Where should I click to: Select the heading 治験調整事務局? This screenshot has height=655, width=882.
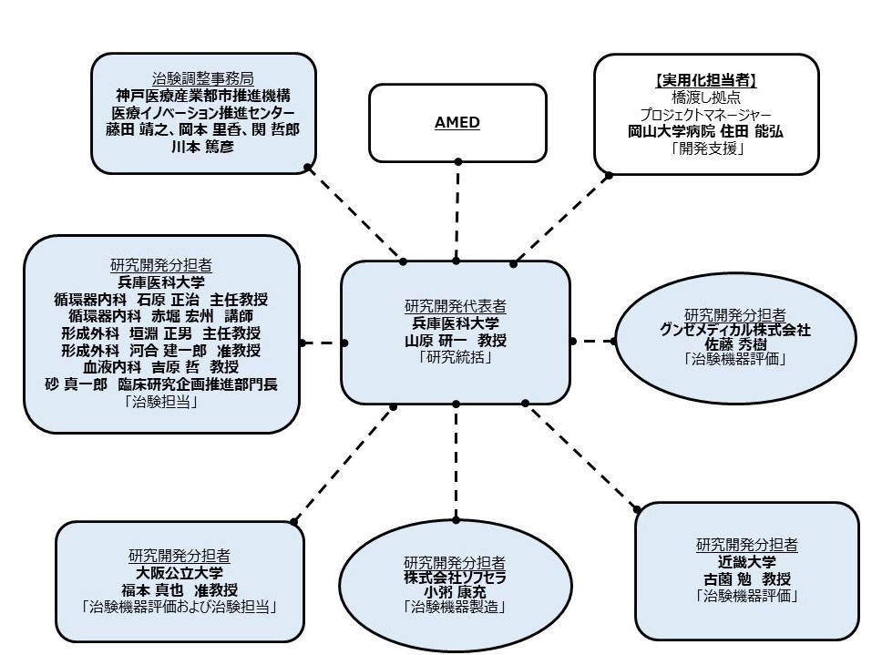202,78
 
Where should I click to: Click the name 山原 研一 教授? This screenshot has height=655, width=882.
455,340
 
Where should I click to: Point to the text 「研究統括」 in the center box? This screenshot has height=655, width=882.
455,357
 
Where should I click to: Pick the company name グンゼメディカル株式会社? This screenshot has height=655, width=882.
734,330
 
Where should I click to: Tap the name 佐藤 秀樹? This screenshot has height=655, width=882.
734,345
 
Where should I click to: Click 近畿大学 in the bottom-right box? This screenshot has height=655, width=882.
746,562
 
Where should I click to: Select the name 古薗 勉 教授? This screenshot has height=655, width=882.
746,579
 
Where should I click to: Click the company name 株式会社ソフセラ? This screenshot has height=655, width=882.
455,577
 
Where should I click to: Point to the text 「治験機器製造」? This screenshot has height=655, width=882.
455,607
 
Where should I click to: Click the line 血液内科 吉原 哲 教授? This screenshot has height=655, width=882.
161,367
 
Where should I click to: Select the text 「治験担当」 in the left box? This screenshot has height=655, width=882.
161,402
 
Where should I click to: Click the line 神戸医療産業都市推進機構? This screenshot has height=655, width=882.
202,95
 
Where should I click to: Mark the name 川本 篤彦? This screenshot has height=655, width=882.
202,146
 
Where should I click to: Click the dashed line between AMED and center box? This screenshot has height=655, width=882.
456,210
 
